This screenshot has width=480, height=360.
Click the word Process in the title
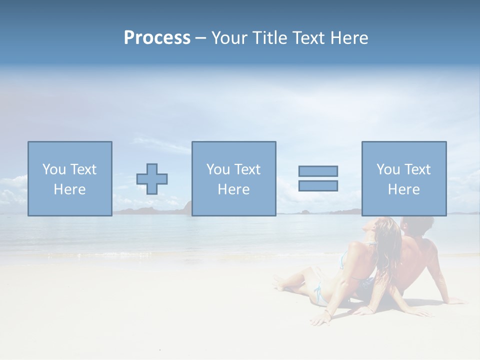[157, 38]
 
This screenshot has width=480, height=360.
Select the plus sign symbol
[152, 178]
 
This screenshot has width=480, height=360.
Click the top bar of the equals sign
[318, 171]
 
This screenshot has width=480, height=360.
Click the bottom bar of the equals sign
[318, 185]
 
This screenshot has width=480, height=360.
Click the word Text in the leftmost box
[83, 169]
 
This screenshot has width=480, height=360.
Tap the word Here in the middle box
[233, 189]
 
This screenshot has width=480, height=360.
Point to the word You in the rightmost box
[388, 169]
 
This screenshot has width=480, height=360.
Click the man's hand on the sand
[452, 301]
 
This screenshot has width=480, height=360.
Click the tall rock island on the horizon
[187, 206]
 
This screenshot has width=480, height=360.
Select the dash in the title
[200, 38]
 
